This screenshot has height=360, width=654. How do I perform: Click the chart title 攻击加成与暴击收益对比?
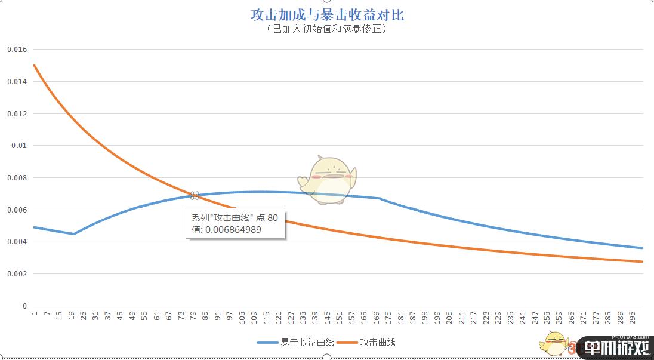click(327, 14)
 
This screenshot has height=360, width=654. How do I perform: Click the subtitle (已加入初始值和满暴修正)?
click(327, 29)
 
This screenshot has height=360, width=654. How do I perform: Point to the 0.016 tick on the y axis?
click(17, 49)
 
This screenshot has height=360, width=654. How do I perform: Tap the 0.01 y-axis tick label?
click(20, 146)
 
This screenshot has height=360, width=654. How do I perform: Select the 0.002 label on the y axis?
click(17, 274)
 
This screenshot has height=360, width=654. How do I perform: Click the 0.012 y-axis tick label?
click(17, 113)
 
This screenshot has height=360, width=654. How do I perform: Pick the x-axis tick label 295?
click(634, 317)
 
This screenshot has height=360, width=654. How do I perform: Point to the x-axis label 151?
click(340, 317)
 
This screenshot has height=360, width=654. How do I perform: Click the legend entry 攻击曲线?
click(377, 343)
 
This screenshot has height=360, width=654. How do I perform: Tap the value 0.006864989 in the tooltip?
click(226, 229)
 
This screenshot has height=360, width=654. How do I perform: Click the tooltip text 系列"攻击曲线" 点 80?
click(235, 218)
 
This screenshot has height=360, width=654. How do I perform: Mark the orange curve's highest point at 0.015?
click(35, 65)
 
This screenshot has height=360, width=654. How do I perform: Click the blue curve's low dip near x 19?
click(74, 234)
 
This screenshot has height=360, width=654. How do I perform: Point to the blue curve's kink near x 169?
click(380, 198)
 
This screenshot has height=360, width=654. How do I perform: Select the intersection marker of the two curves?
click(195, 195)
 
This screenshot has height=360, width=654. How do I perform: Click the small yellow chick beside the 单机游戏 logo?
click(553, 343)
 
